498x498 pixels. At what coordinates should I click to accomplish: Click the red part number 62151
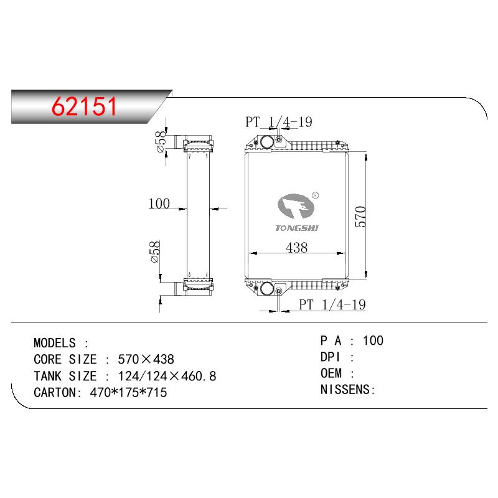pos(84,106)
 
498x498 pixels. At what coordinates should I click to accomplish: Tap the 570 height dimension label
pos(360,217)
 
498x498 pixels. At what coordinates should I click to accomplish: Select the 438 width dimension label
pos(297,247)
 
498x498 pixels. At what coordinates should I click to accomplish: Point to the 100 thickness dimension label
pos(159,204)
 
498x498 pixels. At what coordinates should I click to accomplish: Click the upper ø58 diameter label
pos(161,142)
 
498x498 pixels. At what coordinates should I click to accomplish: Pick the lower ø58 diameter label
pos(155,252)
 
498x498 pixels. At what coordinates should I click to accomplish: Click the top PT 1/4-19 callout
pos(278,122)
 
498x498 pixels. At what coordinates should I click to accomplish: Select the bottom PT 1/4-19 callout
pos(332,304)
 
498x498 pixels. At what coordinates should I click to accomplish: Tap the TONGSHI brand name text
pos(297,228)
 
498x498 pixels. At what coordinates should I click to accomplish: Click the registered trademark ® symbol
pos(315,195)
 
